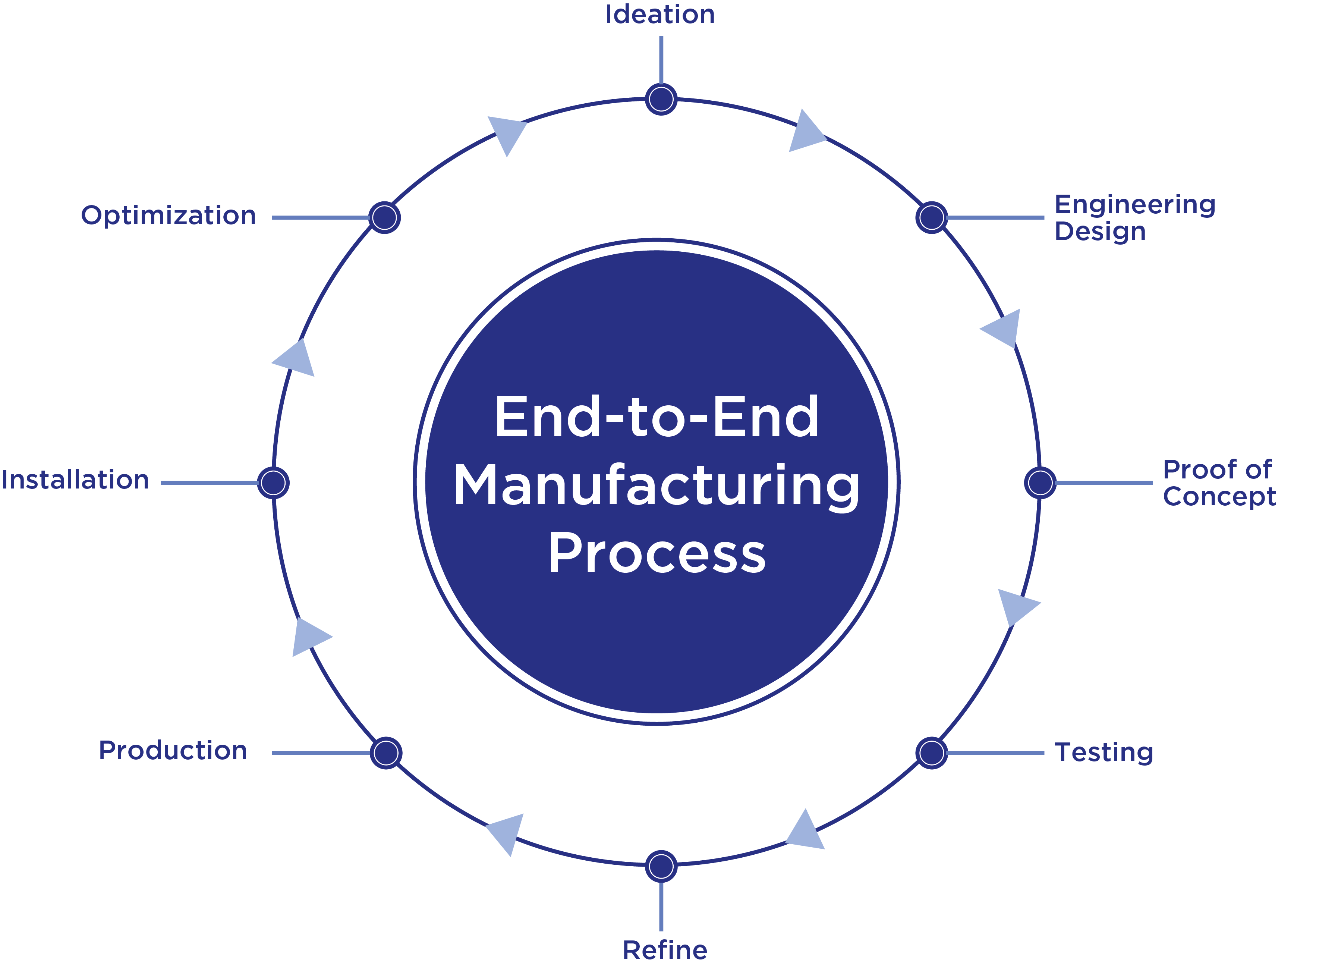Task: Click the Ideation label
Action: tap(660, 15)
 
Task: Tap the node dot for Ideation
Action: tap(661, 99)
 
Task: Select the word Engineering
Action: tap(1134, 205)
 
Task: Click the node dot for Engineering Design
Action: tap(932, 218)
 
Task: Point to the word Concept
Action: tap(1219, 497)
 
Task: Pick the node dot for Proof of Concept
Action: tap(1040, 483)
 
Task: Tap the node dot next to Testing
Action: tap(932, 753)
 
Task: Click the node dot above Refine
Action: tap(661, 866)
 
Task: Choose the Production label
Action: tap(173, 751)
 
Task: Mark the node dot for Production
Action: tap(386, 753)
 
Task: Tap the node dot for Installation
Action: tap(273, 483)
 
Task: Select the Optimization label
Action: tap(169, 215)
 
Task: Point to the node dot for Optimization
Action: tap(384, 218)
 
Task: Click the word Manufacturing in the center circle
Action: tap(656, 486)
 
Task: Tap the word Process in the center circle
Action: tap(656, 553)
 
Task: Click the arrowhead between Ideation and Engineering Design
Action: tap(804, 133)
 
